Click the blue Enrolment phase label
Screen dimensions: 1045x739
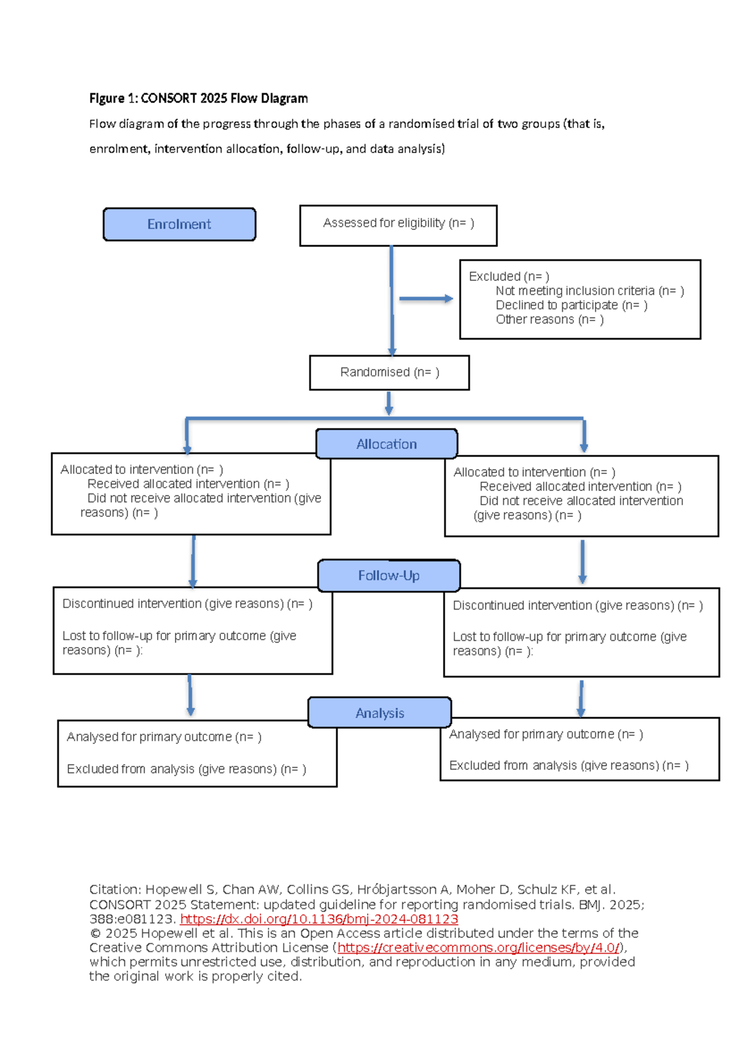[x=179, y=224]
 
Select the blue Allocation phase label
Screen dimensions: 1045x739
[x=386, y=444]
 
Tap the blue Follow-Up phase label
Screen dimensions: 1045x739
[x=389, y=575]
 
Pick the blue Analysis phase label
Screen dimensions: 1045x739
[x=379, y=713]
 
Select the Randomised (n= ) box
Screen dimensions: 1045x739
[x=389, y=372]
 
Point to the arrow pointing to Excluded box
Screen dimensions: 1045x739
[x=426, y=299]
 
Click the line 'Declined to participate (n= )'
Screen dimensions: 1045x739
[x=571, y=305]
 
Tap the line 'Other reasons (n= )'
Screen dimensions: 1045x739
[x=549, y=319]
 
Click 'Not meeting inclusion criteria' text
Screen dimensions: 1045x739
[x=575, y=291]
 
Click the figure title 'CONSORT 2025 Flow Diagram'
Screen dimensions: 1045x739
[x=224, y=99]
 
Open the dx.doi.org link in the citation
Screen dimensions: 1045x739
[x=319, y=919]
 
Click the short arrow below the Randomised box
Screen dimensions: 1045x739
[x=389, y=403]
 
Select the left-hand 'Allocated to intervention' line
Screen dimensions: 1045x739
[x=142, y=470]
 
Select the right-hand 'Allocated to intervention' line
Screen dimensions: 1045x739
[x=534, y=473]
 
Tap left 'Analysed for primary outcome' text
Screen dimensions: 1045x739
[x=164, y=737]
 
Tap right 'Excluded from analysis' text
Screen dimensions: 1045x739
[x=568, y=765]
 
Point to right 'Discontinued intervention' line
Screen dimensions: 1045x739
[x=577, y=606]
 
